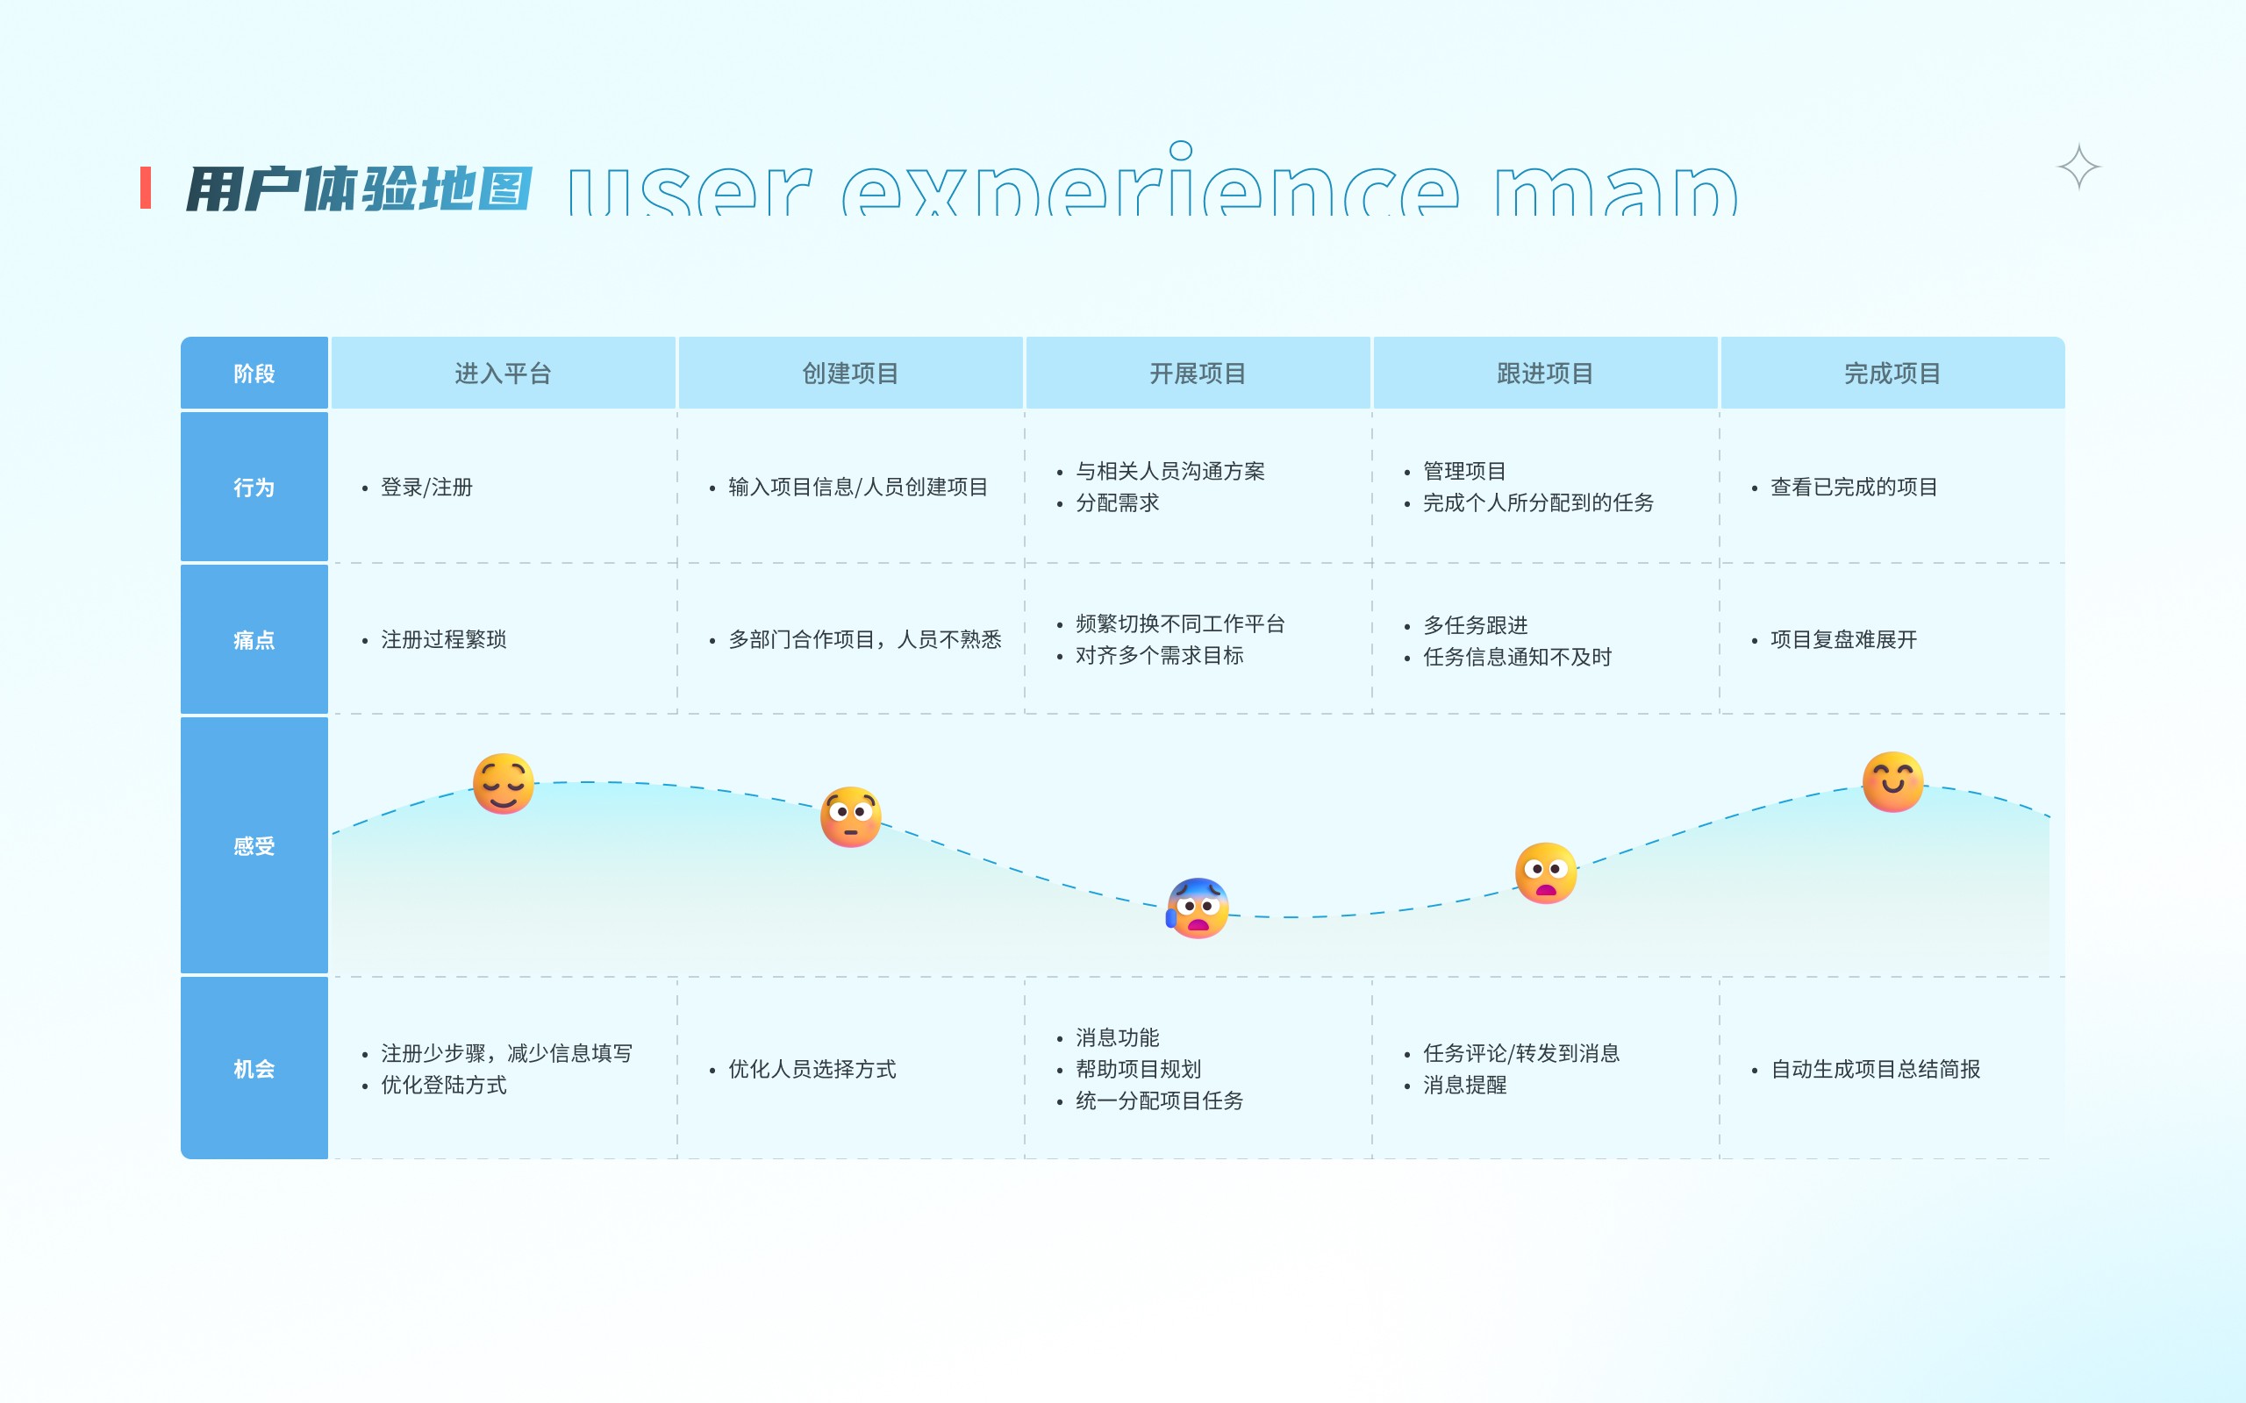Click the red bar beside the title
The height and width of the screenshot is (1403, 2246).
[146, 188]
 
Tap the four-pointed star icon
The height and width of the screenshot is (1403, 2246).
[2078, 167]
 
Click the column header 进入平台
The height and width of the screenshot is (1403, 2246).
[503, 373]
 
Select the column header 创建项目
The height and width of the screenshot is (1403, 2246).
[850, 373]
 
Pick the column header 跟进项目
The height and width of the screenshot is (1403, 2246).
[1545, 373]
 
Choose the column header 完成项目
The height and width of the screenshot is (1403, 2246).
[1892, 373]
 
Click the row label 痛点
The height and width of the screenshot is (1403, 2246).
[254, 639]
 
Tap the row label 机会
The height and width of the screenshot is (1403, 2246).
[254, 1069]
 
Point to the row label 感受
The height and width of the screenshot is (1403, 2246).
[254, 845]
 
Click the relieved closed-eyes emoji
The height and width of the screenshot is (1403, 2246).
[503, 784]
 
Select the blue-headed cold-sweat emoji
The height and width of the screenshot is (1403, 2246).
[1198, 908]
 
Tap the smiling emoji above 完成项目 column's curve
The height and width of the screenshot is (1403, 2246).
[1892, 781]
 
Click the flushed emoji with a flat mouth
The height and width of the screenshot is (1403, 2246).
[850, 816]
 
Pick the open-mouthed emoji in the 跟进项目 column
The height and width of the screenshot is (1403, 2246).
[1545, 872]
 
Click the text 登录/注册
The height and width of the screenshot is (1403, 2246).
[427, 488]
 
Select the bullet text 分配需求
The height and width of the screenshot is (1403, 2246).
[1118, 503]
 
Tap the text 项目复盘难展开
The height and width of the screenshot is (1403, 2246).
[1843, 639]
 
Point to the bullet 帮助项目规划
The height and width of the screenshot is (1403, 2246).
[1138, 1069]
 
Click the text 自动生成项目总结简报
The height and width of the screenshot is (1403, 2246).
[1875, 1069]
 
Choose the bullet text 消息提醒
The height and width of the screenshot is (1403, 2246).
[1464, 1085]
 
